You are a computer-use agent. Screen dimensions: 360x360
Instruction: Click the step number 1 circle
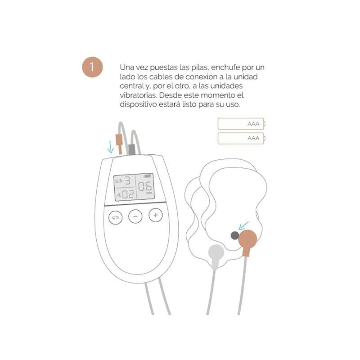(92, 67)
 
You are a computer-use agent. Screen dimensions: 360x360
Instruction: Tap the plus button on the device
(156, 216)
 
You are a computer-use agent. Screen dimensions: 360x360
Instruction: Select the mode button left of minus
(116, 217)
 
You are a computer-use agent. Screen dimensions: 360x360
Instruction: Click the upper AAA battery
(242, 124)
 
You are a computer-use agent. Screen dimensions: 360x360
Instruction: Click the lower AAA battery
(242, 138)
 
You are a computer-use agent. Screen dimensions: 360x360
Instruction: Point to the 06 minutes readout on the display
(145, 187)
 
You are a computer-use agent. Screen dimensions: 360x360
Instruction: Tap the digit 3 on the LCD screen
(128, 181)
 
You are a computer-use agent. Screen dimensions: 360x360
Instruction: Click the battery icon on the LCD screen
(147, 177)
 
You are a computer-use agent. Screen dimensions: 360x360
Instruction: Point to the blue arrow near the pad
(244, 224)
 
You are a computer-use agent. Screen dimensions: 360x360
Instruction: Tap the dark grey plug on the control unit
(132, 149)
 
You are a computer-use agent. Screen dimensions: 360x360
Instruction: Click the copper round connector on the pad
(247, 239)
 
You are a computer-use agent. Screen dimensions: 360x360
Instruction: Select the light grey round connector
(215, 253)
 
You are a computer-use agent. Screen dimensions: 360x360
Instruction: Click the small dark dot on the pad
(234, 235)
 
